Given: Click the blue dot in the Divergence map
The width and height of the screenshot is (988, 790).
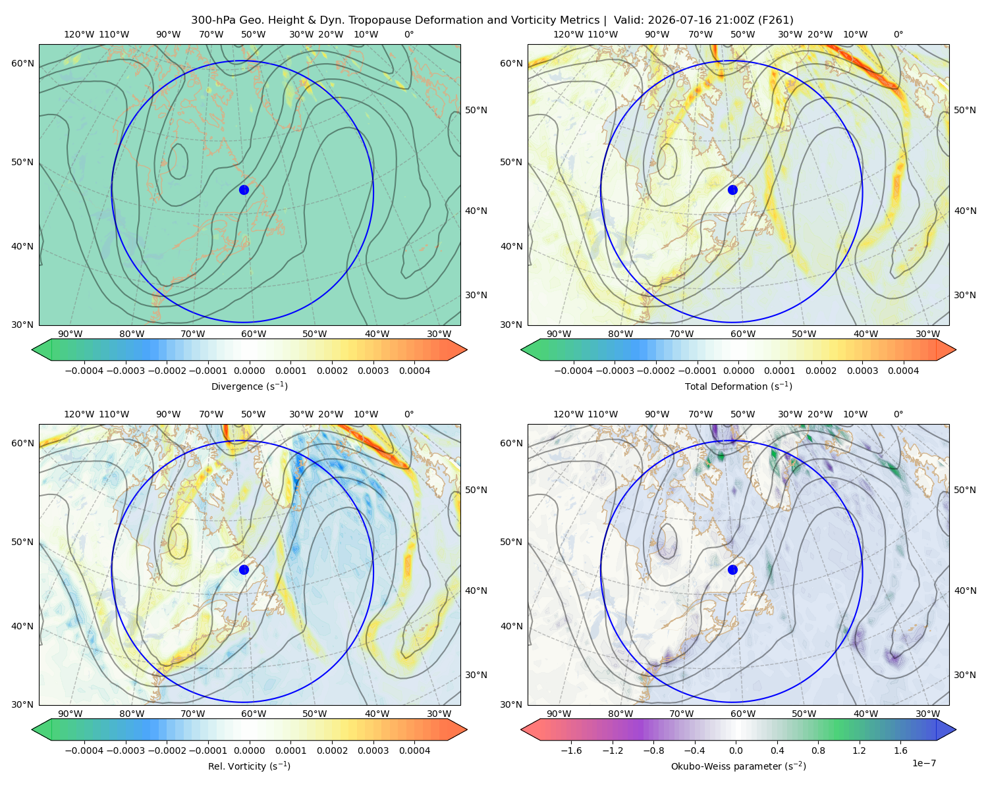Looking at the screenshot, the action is pos(244,190).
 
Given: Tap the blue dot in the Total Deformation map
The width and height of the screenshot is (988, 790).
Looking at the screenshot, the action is pos(732,190).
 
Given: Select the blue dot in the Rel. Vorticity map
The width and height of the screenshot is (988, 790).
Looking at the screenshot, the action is pos(244,569).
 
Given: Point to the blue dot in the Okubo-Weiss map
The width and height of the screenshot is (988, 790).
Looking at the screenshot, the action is pos(732,569).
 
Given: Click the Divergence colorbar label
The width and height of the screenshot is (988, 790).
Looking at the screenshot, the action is pos(249,386).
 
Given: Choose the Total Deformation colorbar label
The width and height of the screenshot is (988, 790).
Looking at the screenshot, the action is pos(738,386).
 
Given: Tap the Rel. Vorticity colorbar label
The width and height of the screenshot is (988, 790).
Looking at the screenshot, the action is pos(249,766).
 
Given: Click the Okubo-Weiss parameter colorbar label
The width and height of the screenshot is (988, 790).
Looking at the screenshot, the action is pos(738,766).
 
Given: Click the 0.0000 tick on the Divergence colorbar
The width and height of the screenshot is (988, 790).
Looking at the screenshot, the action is pos(249,371).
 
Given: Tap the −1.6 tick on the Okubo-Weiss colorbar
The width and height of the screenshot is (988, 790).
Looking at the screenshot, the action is pos(571,750).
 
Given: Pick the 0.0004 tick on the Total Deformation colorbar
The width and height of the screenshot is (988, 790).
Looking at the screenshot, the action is pos(903,371).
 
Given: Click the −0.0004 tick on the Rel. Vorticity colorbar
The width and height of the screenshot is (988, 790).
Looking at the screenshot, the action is pos(84,750).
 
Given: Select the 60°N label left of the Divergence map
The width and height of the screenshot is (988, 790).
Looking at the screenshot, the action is pos(22,63).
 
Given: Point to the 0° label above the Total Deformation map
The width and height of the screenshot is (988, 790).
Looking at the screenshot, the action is pos(898,34).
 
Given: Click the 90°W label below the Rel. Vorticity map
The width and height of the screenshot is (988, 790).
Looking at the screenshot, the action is pos(70,714).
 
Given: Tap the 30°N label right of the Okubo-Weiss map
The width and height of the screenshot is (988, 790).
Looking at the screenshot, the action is pos(965,675).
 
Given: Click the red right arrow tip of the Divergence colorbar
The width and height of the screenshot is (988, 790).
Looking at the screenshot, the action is pos(466,350).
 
